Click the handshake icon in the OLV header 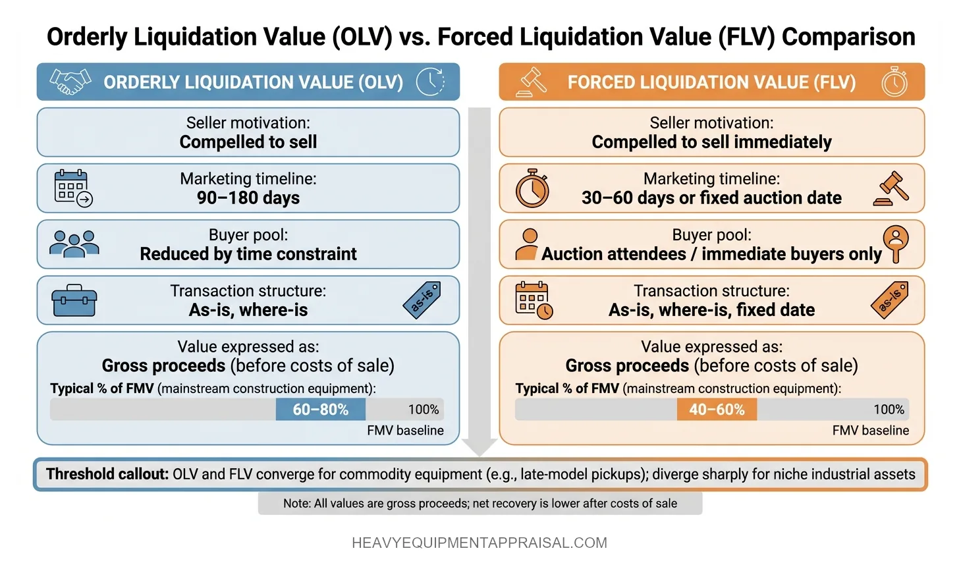70,82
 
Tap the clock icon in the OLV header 430,82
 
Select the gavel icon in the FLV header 532,82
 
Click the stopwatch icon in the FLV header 894,82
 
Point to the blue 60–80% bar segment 321,410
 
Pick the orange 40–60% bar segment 717,410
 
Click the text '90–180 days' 248,198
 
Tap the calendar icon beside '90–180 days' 72,188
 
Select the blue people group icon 74,244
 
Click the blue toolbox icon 74,301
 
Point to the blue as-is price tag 422,300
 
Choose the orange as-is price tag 890,300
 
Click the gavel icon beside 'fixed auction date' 892,189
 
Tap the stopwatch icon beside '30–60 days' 532,188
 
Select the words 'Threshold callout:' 107,474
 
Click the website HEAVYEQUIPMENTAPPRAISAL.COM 479,543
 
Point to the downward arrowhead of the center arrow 479,447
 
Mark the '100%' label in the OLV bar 424,410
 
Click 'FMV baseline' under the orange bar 870,431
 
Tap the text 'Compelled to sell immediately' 711,142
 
